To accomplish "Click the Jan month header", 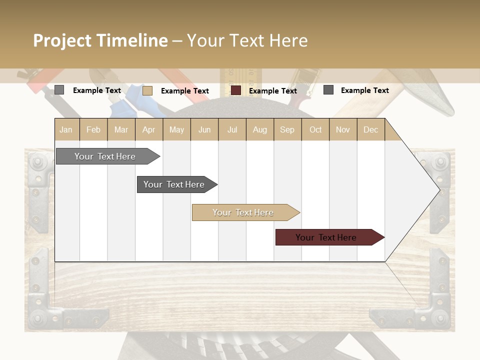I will tap(66, 129).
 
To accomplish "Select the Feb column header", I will tap(93, 129).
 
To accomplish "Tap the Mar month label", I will tap(121, 129).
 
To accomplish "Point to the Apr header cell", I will tap(149, 129).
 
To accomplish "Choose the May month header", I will tap(176, 129).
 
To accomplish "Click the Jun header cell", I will tap(204, 129).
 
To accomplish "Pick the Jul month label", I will tap(232, 129).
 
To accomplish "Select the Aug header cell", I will tap(260, 129).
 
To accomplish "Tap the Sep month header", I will tap(287, 129).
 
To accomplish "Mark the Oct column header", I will tap(315, 129).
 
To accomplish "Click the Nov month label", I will tap(343, 129).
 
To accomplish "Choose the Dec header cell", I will tap(371, 129).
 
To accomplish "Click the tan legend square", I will tap(147, 90).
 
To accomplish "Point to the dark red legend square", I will tap(236, 90).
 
